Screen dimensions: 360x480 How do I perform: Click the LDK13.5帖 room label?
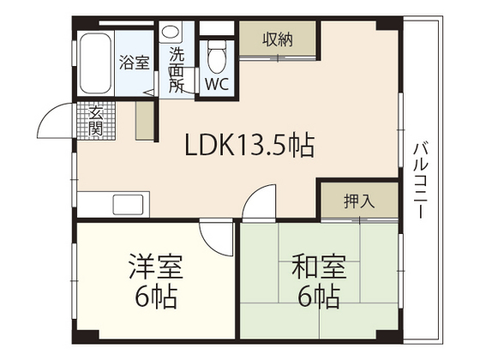coord(249,147)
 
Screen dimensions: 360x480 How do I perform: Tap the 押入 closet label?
coord(359,201)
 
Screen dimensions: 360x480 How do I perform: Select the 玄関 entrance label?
coord(94,121)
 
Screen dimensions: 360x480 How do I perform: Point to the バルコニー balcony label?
coord(420,180)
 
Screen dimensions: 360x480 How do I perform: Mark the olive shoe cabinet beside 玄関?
coord(145,119)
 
